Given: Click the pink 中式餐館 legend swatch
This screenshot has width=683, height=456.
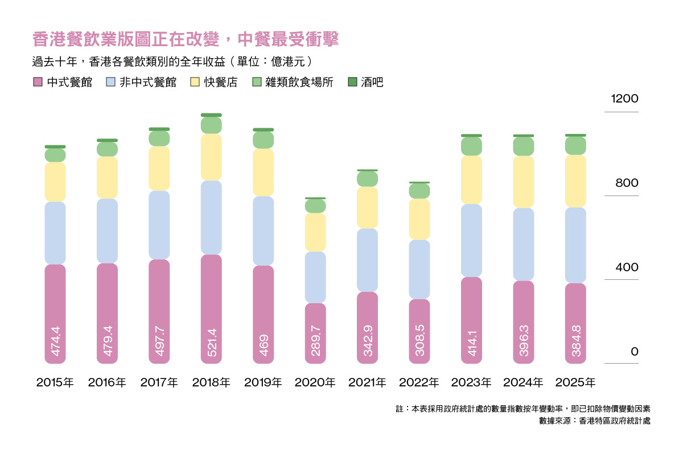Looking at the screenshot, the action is [38, 82].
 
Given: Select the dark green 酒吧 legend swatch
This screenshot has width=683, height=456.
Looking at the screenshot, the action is [352, 82].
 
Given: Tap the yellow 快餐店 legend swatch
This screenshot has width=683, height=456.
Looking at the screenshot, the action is [195, 82].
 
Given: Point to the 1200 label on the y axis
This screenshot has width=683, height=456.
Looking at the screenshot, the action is [624, 99].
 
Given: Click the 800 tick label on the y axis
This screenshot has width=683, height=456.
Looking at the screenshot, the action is [627, 183].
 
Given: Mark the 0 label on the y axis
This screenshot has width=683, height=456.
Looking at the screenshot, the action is [635, 352].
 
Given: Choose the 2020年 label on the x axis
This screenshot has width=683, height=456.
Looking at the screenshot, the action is [315, 382].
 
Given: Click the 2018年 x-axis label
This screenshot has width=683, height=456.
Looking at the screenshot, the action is [211, 382].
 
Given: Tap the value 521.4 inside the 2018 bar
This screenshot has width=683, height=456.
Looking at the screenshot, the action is [212, 343].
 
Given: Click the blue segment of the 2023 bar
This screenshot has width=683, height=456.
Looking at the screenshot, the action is [471, 241].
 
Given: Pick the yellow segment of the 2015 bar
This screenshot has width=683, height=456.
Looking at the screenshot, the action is [55, 182].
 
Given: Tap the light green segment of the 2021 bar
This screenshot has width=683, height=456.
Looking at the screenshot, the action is [368, 179].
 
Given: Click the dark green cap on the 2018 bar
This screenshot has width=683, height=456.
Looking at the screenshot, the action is [211, 115].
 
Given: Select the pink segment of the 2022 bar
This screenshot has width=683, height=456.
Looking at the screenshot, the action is [419, 331].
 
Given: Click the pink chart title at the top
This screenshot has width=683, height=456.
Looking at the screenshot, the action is [186, 39].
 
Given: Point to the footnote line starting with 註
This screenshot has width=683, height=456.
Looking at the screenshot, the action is [523, 409].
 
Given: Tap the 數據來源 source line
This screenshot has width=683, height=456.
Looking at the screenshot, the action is [595, 421].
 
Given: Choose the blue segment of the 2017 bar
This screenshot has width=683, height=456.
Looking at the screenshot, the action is [159, 225].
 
